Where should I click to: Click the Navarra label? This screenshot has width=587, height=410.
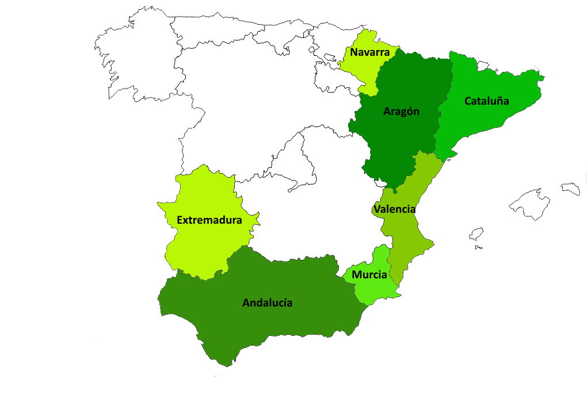click(369, 52)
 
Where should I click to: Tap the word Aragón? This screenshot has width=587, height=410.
click(401, 112)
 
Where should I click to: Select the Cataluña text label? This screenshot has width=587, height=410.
click(486, 101)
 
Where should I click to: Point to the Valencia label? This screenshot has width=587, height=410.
click(394, 209)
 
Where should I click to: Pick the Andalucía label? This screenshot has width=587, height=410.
click(267, 302)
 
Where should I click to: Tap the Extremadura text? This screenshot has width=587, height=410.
click(209, 220)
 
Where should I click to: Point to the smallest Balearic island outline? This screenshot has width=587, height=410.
click(476, 234)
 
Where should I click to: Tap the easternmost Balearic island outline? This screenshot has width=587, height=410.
click(571, 188)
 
